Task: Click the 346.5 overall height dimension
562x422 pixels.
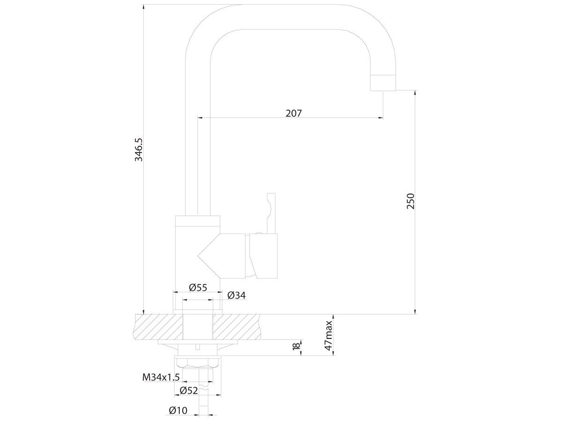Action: [139, 150]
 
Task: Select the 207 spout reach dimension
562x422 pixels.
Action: [294, 113]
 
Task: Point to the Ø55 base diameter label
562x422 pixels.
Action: [198, 287]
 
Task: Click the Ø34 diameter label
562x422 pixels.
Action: [237, 295]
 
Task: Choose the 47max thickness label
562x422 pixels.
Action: [328, 335]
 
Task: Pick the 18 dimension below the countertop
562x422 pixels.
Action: [296, 346]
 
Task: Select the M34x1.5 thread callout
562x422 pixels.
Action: [161, 377]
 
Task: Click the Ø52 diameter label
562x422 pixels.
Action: [189, 391]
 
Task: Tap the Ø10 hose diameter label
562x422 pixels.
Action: [178, 410]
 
